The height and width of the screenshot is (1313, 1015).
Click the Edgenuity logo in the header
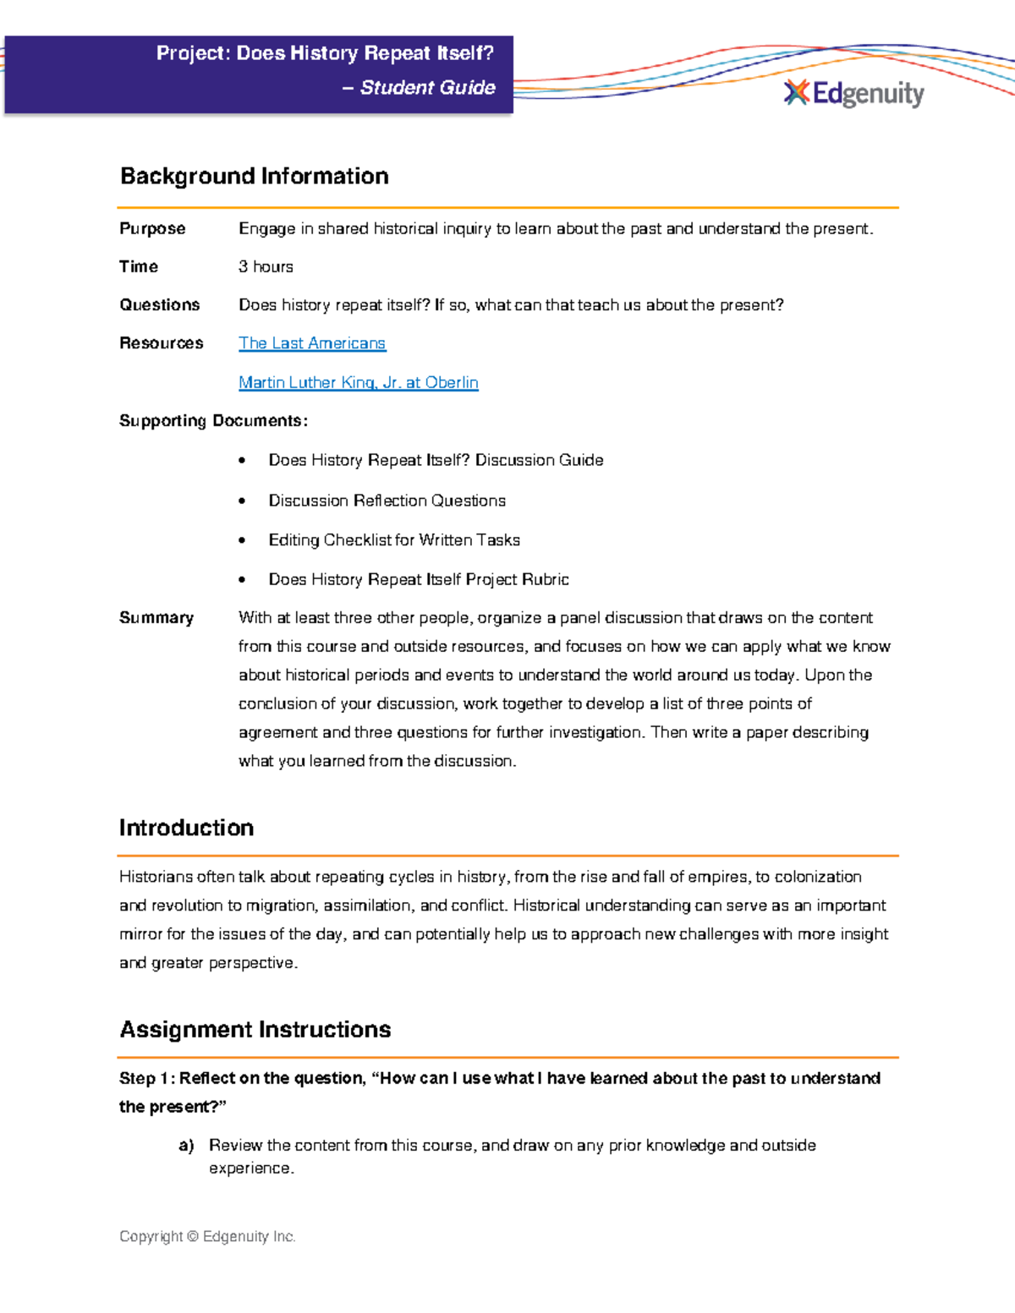click(854, 93)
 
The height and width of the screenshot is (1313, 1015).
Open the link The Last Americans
click(311, 343)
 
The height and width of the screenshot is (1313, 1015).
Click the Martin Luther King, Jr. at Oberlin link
click(358, 382)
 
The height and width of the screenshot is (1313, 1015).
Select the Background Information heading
click(254, 176)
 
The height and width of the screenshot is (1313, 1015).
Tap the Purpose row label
click(152, 228)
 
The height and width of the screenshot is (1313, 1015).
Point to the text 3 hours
click(266, 266)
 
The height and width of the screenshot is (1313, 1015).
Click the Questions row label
click(159, 304)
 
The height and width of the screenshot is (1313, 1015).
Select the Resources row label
click(161, 343)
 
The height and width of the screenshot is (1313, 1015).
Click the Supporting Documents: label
click(213, 421)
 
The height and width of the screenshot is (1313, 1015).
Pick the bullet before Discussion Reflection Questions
click(242, 501)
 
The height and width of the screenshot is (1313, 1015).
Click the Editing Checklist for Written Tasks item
click(393, 539)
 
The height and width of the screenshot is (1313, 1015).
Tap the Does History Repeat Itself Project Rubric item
click(418, 579)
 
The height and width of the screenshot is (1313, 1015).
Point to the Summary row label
click(156, 618)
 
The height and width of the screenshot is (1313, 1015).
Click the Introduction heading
click(186, 828)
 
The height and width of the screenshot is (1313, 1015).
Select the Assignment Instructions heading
click(255, 1029)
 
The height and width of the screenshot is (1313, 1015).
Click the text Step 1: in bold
click(146, 1078)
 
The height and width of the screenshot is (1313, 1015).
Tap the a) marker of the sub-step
click(186, 1146)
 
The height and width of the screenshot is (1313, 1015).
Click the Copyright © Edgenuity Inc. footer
click(207, 1236)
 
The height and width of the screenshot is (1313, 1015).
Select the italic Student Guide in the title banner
click(427, 88)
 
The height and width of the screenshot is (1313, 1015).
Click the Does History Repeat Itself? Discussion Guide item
click(436, 460)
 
